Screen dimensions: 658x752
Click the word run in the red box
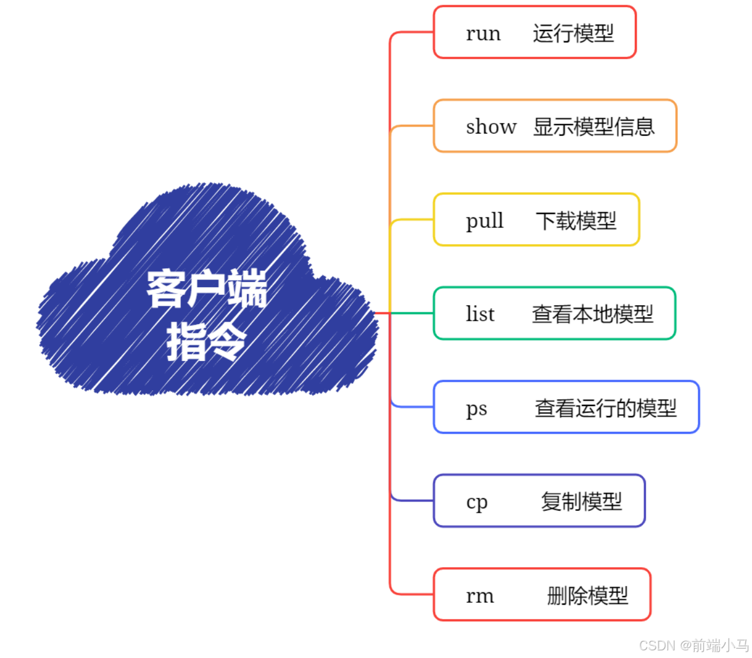click(x=483, y=33)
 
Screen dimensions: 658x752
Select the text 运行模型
click(x=573, y=33)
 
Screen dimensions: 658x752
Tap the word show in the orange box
click(x=491, y=127)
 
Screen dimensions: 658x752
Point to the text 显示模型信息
click(x=593, y=127)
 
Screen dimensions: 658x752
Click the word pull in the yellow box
click(x=484, y=221)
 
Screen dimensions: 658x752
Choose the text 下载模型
click(x=576, y=221)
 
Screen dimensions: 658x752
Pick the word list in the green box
click(x=480, y=314)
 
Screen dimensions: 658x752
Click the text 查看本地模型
click(x=592, y=314)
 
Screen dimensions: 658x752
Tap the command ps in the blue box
click(x=476, y=408)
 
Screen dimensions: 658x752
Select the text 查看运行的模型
click(x=605, y=408)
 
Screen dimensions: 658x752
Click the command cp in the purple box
click(x=477, y=502)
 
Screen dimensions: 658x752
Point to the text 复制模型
click(x=581, y=502)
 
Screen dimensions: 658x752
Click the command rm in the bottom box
click(x=480, y=596)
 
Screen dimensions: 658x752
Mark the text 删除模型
click(x=587, y=596)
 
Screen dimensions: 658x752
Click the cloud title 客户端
click(x=206, y=288)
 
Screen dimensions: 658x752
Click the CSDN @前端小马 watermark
click(x=693, y=645)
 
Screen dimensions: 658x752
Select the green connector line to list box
click(x=412, y=313)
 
